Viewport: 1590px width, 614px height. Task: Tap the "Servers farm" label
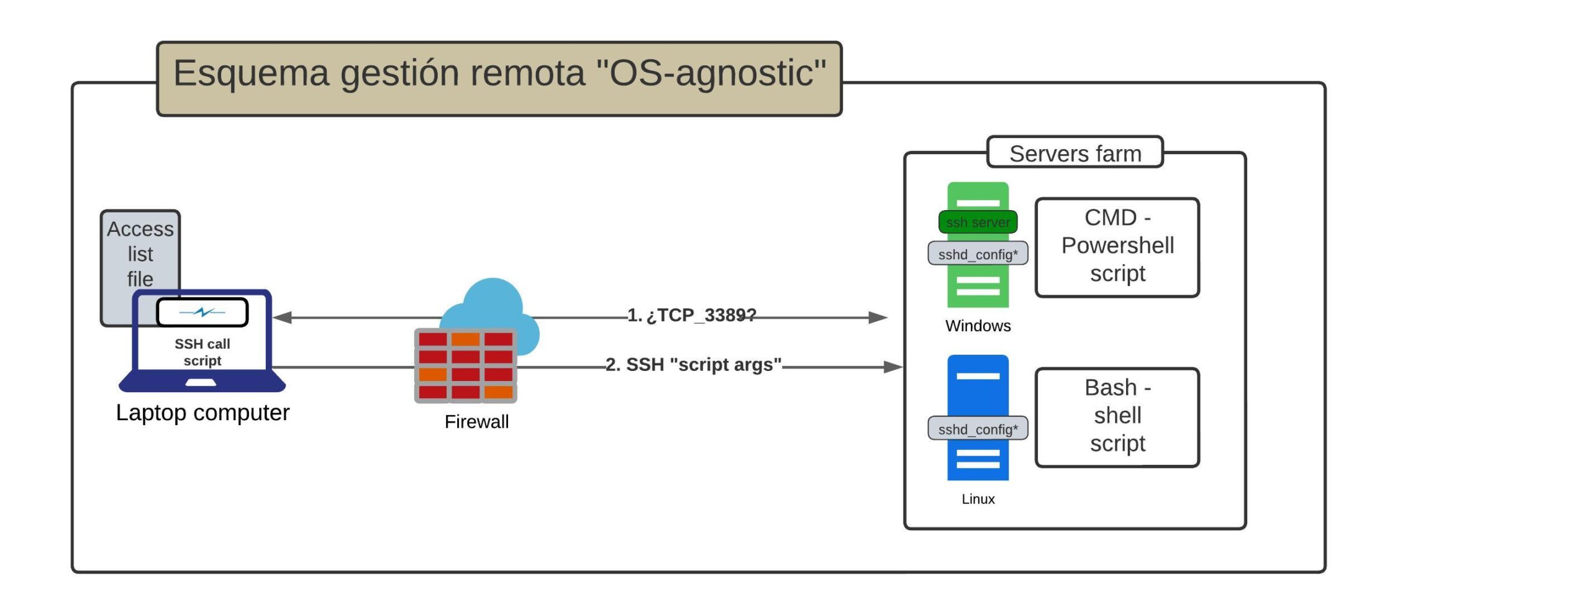[1075, 153]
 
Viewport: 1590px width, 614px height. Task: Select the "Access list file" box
[140, 253]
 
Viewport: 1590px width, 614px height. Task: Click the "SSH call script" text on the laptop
[202, 352]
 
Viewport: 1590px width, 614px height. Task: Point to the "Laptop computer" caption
[202, 413]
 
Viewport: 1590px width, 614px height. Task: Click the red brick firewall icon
[466, 365]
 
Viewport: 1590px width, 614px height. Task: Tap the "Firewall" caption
[476, 422]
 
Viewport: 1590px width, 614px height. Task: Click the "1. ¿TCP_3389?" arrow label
[692, 315]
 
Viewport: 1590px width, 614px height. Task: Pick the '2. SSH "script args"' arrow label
[693, 365]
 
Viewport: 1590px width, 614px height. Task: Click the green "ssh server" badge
[978, 222]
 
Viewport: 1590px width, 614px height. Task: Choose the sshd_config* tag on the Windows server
[978, 254]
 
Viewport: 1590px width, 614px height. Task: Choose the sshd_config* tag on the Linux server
[978, 429]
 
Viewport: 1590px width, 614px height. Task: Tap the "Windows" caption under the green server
[978, 326]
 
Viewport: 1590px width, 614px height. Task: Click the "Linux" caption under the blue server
[978, 499]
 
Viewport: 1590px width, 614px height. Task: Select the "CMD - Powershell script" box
[1117, 246]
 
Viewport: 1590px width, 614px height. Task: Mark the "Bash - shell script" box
[1117, 416]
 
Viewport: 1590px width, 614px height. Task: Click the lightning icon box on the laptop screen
[202, 312]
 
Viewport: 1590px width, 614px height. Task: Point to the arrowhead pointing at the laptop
[283, 318]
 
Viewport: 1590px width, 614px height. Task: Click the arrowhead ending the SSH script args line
[893, 367]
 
